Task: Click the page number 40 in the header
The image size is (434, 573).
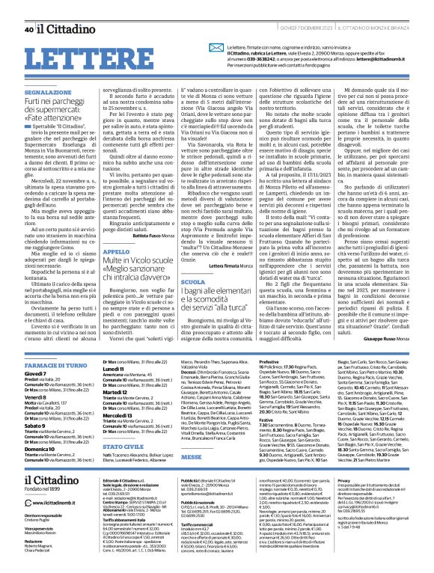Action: click(x=28, y=9)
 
